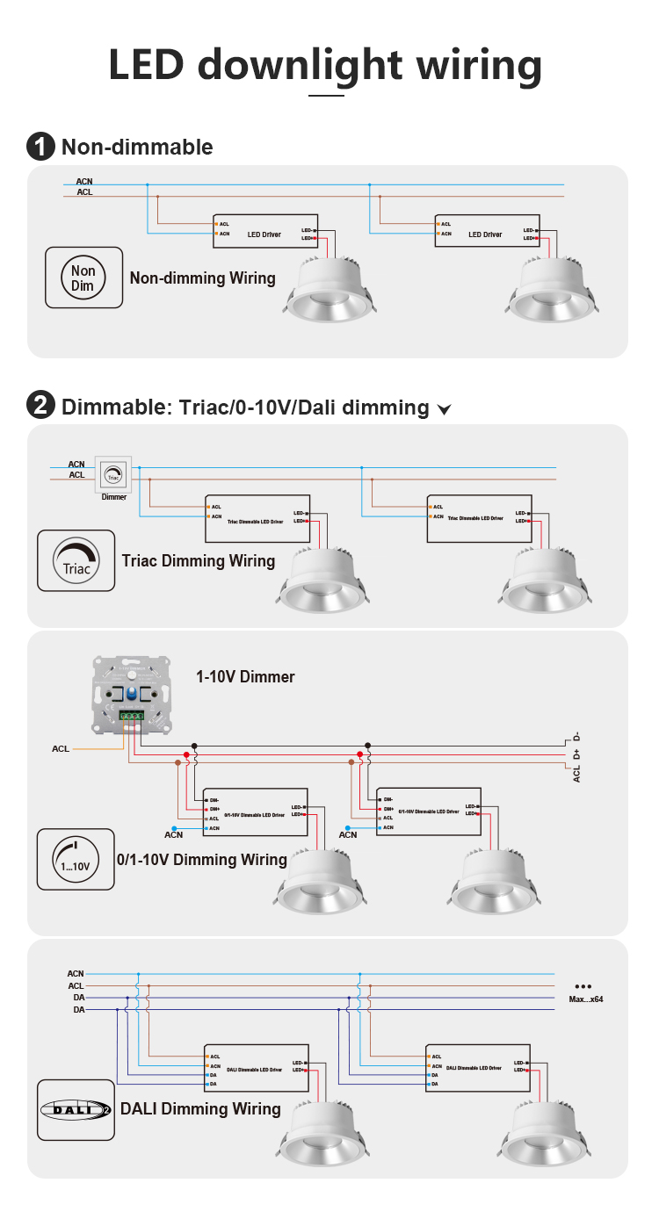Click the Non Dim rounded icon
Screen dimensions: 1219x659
click(83, 277)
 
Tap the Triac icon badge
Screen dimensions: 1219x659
click(76, 559)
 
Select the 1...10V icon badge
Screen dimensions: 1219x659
click(76, 858)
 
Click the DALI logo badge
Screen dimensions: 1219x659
click(76, 1109)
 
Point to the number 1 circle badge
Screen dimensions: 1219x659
click(40, 147)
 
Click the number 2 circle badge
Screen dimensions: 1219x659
click(40, 407)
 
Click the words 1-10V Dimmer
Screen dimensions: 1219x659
click(245, 677)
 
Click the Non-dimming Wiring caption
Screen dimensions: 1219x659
click(203, 278)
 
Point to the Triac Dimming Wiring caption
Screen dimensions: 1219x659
click(199, 561)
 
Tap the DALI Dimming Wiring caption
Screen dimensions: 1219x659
click(200, 1109)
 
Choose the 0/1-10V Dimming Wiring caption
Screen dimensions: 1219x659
click(202, 860)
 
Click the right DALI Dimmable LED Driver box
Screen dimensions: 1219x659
click(478, 1068)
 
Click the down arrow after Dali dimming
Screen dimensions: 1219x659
click(444, 409)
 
